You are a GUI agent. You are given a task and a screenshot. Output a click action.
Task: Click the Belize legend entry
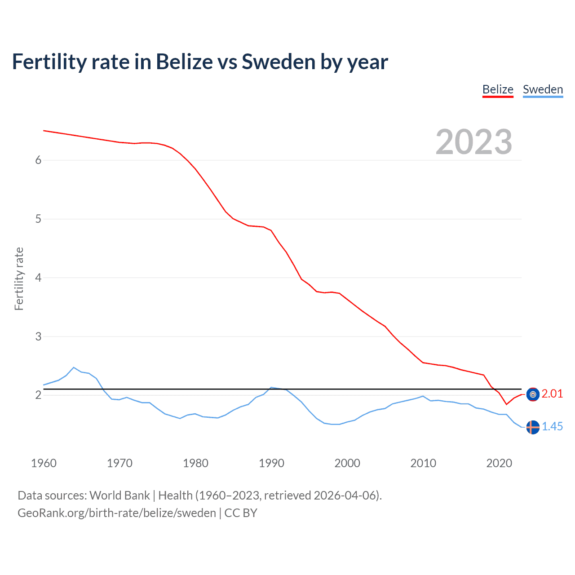498,89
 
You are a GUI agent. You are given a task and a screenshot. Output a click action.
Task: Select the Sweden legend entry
543,89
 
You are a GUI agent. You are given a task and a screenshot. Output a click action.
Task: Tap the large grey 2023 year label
474,142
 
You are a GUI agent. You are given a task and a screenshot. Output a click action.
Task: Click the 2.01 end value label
552,394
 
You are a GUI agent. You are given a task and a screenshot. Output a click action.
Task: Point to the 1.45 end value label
552,427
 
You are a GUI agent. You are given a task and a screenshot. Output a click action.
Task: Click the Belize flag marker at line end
533,394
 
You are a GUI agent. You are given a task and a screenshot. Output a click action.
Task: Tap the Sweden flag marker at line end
533,427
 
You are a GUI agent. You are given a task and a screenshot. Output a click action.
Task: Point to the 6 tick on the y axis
38,160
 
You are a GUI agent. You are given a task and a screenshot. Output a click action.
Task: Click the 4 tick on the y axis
38,278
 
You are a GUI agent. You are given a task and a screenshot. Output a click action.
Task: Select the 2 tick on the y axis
38,395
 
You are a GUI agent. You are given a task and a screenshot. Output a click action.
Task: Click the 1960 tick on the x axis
44,463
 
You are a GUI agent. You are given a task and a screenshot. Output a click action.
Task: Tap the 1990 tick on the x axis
271,463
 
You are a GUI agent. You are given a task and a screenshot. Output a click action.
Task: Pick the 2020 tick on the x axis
499,463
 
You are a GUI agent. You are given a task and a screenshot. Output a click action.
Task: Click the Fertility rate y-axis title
19,279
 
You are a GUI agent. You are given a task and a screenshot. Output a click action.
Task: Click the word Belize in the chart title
184,62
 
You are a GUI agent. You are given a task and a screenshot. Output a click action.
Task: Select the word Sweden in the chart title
279,62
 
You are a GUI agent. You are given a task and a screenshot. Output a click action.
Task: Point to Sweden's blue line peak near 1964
74,367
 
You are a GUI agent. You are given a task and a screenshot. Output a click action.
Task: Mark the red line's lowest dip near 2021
506,404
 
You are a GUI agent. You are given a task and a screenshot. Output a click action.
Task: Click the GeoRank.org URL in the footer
117,513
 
